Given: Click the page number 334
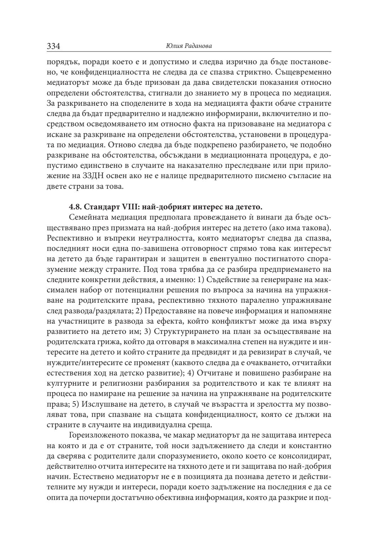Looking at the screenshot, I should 54,46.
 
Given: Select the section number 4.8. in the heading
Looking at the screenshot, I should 76,207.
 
